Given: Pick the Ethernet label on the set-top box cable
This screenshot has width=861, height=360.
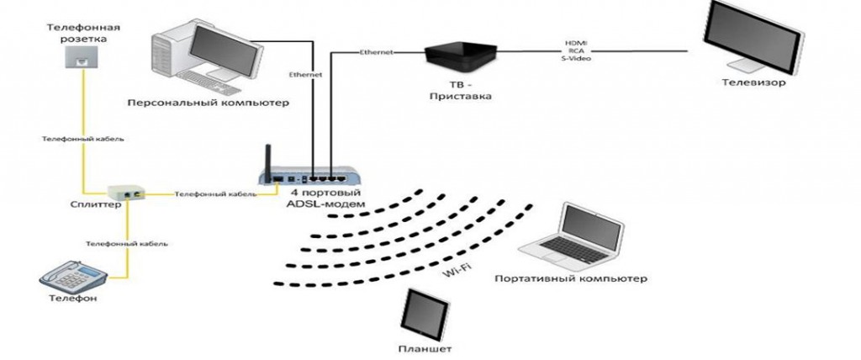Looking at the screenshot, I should click(x=375, y=53).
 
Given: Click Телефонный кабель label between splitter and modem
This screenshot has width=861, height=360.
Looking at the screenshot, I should click(x=214, y=194).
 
